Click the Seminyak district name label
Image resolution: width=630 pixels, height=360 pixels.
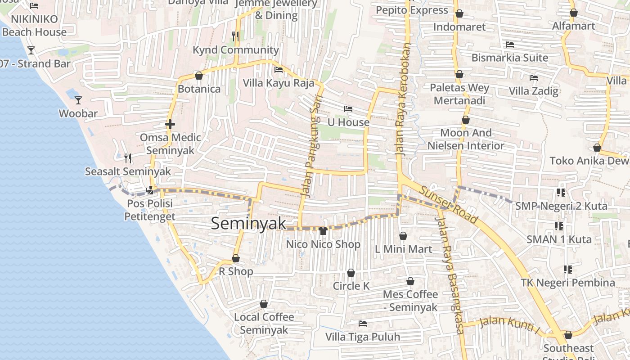pyautogui.click(x=248, y=224)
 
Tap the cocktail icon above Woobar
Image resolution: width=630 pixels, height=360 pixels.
pyautogui.click(x=78, y=100)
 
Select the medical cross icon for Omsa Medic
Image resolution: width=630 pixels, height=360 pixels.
pyautogui.click(x=170, y=124)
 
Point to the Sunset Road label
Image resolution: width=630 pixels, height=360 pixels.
pyautogui.click(x=448, y=205)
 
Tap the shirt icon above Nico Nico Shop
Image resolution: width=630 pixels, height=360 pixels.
pyautogui.click(x=323, y=231)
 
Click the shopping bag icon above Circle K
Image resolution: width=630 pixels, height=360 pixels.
pyautogui.click(x=351, y=273)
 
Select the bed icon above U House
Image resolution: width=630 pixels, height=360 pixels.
pyautogui.click(x=348, y=109)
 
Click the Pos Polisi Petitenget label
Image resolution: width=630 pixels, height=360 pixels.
pyautogui.click(x=150, y=210)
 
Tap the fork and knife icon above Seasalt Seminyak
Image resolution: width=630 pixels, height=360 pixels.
pyautogui.click(x=128, y=158)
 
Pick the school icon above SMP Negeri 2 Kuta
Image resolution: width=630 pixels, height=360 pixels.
pyautogui.click(x=561, y=193)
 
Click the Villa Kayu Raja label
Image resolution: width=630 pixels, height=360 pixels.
pyautogui.click(x=279, y=83)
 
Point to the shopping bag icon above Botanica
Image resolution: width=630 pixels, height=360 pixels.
pyautogui.click(x=198, y=76)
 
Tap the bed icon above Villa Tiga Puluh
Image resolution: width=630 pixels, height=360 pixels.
pyautogui.click(x=362, y=324)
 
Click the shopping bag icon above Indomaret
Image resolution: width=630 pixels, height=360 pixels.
pyautogui.click(x=459, y=14)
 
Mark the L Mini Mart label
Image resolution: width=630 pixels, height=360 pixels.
pyautogui.click(x=403, y=249)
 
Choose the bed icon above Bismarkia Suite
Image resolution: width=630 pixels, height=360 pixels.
pyautogui.click(x=509, y=45)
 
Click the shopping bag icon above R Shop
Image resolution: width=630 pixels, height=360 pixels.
pyautogui.click(x=235, y=259)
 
